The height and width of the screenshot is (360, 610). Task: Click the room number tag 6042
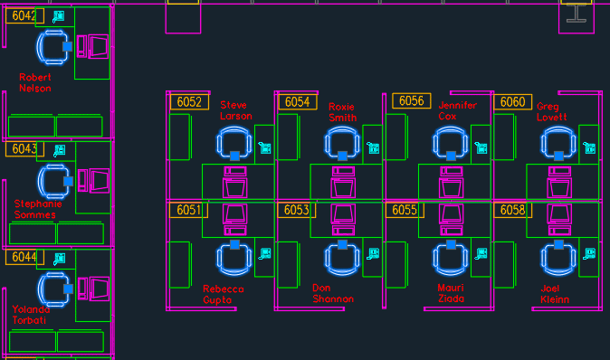click(x=24, y=15)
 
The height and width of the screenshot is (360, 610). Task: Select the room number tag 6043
click(x=24, y=148)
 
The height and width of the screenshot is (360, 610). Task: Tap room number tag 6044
click(x=24, y=258)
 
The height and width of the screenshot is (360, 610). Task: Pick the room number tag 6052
click(x=189, y=102)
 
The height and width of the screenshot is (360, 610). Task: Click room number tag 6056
click(x=412, y=101)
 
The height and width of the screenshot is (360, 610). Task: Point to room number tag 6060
click(x=512, y=102)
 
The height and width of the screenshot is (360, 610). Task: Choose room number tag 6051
click(x=188, y=210)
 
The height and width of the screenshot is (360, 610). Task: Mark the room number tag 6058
click(x=512, y=210)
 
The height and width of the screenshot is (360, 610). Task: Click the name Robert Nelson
click(x=35, y=83)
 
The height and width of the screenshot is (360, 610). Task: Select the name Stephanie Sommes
click(x=35, y=210)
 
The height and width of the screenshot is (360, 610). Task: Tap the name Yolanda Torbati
click(x=31, y=315)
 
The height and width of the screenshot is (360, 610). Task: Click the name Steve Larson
click(x=235, y=110)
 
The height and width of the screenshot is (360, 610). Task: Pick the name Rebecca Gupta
click(x=224, y=294)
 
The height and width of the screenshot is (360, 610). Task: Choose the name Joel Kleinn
click(x=556, y=294)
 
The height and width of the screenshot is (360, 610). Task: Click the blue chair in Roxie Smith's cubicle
click(x=343, y=142)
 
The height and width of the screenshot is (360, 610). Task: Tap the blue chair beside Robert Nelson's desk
click(x=52, y=46)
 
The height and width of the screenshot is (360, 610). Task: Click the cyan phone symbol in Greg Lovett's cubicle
click(x=591, y=147)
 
